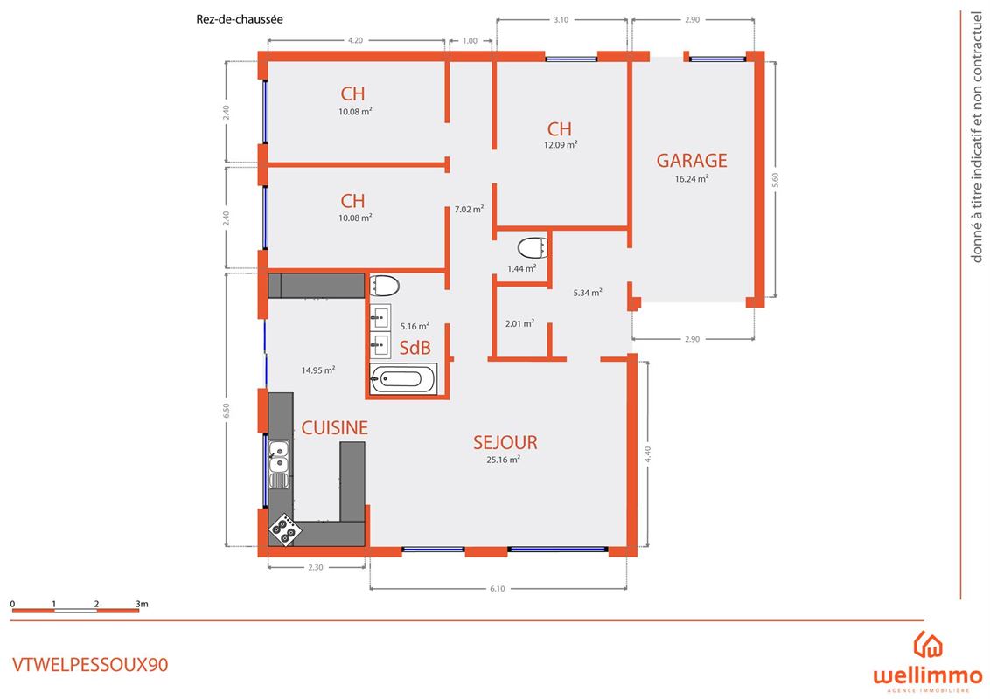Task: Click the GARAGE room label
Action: [x=692, y=160]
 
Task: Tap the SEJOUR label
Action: [x=505, y=442]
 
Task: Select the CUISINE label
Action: [x=334, y=428]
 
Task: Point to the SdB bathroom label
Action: [x=415, y=348]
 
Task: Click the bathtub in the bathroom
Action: [x=403, y=378]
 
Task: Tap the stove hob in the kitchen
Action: [x=285, y=529]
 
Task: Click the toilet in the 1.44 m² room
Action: [x=533, y=248]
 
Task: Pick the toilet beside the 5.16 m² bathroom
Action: [x=384, y=287]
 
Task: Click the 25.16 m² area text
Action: [x=503, y=460]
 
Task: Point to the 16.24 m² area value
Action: [x=692, y=178]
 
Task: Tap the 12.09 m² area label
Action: [x=561, y=144]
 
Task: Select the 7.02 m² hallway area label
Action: [x=469, y=209]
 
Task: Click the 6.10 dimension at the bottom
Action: [x=498, y=589]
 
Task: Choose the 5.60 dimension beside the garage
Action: [x=776, y=180]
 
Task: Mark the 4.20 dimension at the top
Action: [x=355, y=40]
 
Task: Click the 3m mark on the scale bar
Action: [x=142, y=604]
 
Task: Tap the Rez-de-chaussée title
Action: [x=240, y=19]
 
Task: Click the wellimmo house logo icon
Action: [x=928, y=644]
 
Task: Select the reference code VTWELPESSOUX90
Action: [x=90, y=665]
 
